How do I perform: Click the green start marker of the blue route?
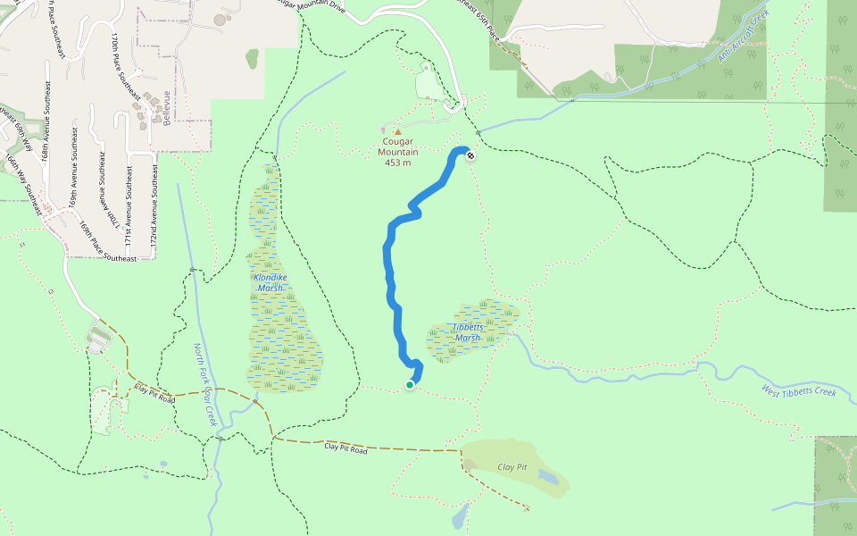pos(410,385)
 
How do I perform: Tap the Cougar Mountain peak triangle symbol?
pos(397,132)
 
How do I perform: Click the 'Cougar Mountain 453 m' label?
pos(398,151)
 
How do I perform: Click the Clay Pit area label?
pos(512,467)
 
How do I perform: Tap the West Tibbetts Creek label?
pos(799,391)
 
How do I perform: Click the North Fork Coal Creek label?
pos(204,385)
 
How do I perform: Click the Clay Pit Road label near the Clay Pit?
pos(345,448)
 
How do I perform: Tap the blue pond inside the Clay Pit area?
pos(548,478)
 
